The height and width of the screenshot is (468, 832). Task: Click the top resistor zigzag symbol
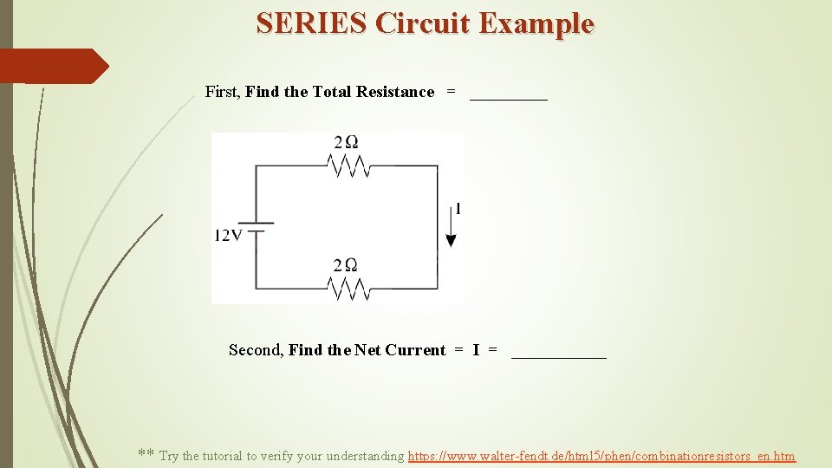[352, 166]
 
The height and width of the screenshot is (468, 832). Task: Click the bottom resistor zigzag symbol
[352, 288]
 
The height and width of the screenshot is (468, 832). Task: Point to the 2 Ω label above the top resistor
[347, 142]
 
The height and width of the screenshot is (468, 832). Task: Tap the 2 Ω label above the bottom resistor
[347, 264]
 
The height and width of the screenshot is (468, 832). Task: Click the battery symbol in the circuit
[256, 227]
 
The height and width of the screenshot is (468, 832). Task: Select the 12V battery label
[229, 236]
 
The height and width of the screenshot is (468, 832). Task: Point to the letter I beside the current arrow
[458, 209]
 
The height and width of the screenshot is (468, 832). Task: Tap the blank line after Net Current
[559, 356]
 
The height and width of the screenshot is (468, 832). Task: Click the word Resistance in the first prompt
[395, 92]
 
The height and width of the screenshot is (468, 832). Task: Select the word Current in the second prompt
[415, 350]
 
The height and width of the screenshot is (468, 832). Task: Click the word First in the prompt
[222, 92]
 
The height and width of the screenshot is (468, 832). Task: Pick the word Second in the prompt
[255, 350]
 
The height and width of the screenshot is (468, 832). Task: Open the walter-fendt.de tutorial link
[601, 456]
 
